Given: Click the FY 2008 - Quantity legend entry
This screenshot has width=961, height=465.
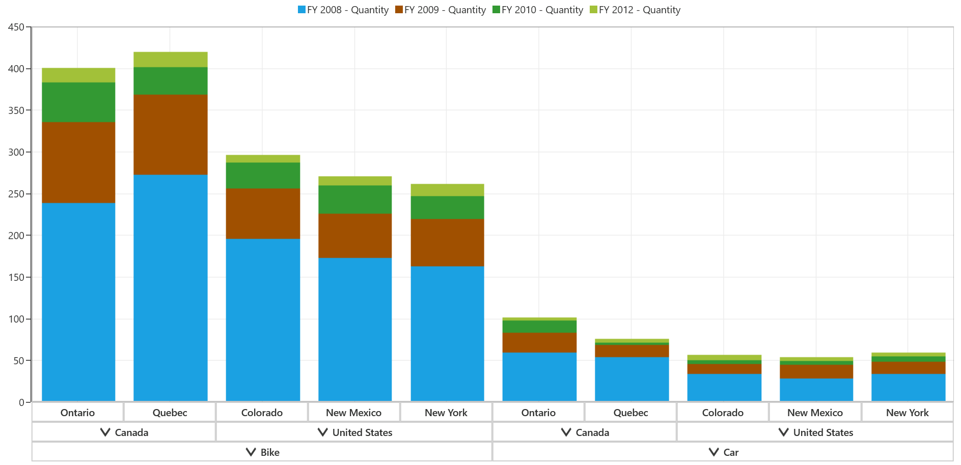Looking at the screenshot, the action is (x=343, y=10).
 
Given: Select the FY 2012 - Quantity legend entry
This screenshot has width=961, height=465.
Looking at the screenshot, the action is (x=635, y=10).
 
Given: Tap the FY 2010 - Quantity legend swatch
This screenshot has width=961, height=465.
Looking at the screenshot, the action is (x=497, y=10).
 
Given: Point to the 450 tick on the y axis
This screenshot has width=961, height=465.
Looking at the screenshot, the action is (x=28, y=27).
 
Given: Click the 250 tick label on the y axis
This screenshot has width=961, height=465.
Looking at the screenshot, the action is (x=16, y=194).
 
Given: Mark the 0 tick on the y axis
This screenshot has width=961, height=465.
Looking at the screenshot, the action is (x=28, y=402).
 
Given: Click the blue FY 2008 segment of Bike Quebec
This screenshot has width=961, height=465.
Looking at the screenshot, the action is (x=171, y=288).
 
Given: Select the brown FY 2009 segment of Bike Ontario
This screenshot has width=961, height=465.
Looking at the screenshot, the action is (x=78, y=162).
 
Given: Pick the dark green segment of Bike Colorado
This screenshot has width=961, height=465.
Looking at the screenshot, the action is (x=263, y=176).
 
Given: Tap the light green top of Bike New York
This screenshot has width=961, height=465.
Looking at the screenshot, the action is (x=447, y=190).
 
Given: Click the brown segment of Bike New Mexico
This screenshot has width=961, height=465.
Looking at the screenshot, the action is (x=355, y=236).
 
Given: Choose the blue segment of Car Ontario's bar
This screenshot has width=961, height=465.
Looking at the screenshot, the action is (x=539, y=377).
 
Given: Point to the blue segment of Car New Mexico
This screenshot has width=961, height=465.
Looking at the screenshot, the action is (x=816, y=390).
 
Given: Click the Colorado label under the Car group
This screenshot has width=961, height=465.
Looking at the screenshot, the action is (x=723, y=413).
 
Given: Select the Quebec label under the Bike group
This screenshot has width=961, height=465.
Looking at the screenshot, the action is (x=170, y=413).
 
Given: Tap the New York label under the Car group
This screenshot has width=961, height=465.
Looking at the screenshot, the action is (x=907, y=413).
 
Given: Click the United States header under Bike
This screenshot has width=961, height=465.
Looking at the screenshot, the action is (x=362, y=432).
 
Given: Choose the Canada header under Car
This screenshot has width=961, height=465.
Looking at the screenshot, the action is (x=592, y=432).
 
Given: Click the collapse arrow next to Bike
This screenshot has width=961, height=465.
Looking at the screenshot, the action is (x=251, y=452).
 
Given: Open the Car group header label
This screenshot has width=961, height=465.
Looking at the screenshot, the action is (x=731, y=452).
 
